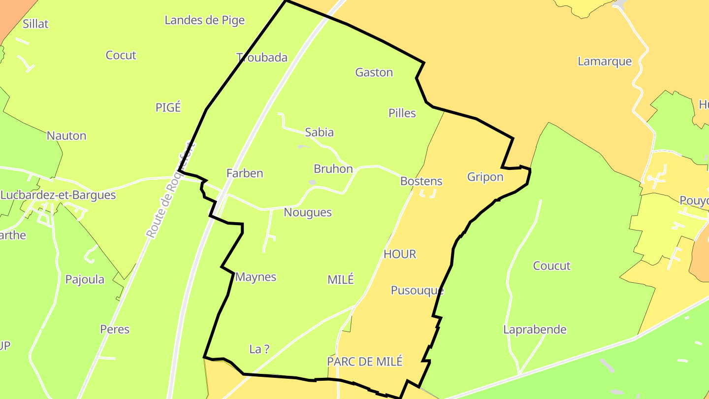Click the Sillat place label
(x=35, y=24)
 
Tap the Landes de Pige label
(x=204, y=20)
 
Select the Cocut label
(x=121, y=55)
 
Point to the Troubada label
(x=262, y=58)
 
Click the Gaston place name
(x=374, y=72)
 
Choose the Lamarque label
(x=605, y=62)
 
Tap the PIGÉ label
(x=168, y=107)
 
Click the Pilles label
(x=402, y=113)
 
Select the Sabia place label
(x=319, y=132)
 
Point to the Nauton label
(x=66, y=136)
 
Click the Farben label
(x=245, y=173)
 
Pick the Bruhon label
(x=333, y=169)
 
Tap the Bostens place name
(x=421, y=181)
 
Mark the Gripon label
(x=485, y=177)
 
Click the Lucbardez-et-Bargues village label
(x=58, y=195)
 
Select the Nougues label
(x=308, y=213)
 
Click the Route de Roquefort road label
(x=170, y=191)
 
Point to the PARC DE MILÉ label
(x=365, y=362)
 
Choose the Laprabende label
(x=535, y=330)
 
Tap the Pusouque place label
(x=417, y=291)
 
